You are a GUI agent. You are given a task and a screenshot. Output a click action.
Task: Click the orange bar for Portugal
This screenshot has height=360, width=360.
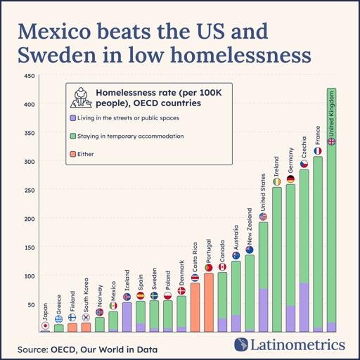(209, 302)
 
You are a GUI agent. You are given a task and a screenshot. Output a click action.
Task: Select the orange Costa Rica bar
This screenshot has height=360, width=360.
(195, 307)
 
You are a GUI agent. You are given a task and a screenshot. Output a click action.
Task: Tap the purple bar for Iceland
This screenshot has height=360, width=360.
(127, 317)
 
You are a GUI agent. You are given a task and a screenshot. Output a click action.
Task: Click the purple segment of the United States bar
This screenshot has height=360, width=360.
(263, 310)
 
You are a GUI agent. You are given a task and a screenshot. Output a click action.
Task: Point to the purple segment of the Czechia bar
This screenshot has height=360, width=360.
(304, 307)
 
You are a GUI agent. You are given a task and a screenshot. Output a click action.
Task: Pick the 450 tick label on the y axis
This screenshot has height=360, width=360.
(30, 76)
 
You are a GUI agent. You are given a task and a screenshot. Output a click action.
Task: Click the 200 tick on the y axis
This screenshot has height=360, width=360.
(30, 219)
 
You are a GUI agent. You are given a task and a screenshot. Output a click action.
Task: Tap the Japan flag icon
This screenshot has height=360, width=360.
(45, 326)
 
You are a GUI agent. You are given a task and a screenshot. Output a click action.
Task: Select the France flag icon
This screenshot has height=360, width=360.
(318, 151)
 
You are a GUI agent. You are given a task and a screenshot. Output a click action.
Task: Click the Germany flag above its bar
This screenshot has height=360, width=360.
(290, 179)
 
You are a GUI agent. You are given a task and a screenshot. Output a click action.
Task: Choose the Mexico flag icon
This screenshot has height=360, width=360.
(113, 306)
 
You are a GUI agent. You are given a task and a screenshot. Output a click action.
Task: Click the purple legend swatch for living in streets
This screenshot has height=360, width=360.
(73, 118)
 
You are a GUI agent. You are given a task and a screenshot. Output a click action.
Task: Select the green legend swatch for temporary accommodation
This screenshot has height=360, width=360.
(73, 136)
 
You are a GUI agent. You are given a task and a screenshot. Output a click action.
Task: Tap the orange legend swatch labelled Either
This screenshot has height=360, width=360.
(73, 154)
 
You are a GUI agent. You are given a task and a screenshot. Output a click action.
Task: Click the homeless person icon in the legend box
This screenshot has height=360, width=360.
(81, 98)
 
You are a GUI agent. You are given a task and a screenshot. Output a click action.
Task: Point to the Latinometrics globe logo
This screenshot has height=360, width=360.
(241, 345)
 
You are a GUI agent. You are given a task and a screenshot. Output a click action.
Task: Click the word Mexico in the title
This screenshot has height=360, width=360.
(54, 31)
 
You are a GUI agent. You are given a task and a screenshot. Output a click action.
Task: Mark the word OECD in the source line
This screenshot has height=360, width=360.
(63, 349)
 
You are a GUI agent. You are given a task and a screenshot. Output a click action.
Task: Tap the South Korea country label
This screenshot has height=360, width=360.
(86, 295)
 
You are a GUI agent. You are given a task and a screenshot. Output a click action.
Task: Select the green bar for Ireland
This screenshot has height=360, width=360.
(277, 259)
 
